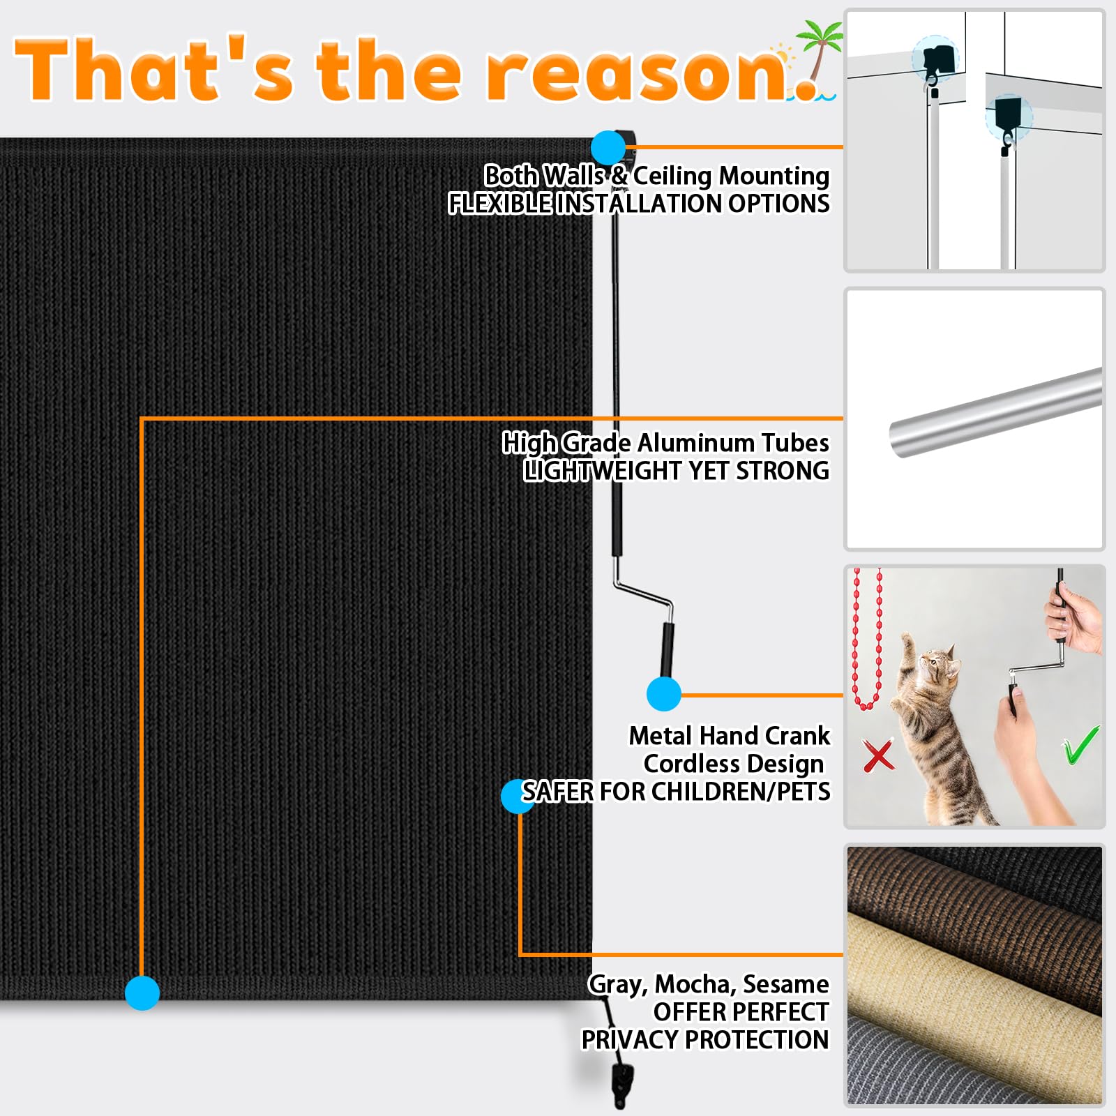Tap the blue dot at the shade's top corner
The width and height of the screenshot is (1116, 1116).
[x=608, y=148]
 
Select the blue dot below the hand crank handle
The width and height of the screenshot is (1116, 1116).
[x=664, y=694]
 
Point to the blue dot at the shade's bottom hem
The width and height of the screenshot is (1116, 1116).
[x=142, y=993]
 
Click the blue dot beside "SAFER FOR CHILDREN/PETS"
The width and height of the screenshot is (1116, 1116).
[x=518, y=797]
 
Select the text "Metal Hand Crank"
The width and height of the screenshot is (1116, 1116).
[x=730, y=736]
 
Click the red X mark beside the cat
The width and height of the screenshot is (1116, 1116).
[x=878, y=756]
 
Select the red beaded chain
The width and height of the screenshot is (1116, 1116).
[x=867, y=639]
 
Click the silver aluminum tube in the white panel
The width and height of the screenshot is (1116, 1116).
[x=995, y=412]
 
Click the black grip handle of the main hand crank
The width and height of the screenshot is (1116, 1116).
[x=668, y=649]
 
